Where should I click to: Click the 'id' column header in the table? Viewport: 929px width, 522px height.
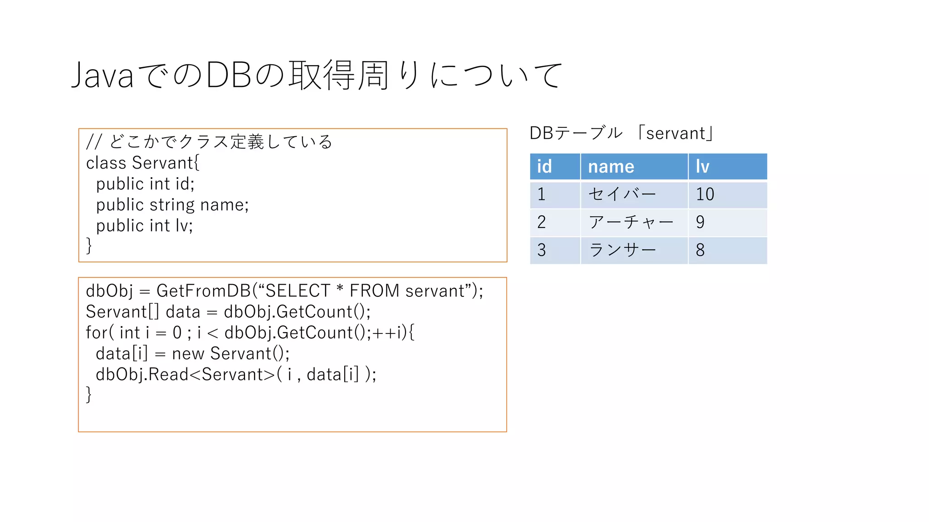click(x=544, y=167)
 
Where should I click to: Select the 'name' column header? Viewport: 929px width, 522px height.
click(x=611, y=167)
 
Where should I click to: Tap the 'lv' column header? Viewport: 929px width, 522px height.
click(x=702, y=167)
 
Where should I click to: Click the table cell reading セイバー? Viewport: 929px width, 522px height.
click(x=622, y=194)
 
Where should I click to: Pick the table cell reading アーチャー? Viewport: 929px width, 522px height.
click(x=631, y=222)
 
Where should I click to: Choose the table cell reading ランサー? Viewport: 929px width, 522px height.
click(x=622, y=250)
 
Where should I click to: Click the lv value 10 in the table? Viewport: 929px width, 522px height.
click(x=705, y=194)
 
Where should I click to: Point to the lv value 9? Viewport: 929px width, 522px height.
click(x=700, y=222)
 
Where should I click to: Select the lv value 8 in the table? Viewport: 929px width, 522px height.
click(x=700, y=250)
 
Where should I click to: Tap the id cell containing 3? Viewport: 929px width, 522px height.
click(x=542, y=250)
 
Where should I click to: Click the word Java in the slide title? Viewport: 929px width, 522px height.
click(x=103, y=75)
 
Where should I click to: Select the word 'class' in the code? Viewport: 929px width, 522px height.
click(x=106, y=163)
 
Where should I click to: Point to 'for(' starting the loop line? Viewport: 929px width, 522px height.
click(x=99, y=333)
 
